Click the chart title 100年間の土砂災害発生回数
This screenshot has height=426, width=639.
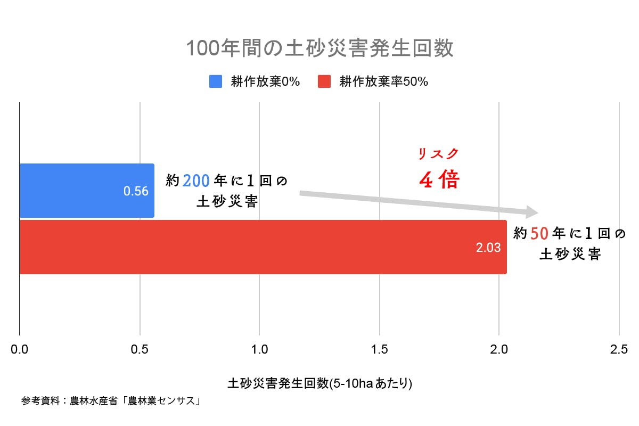[319, 48]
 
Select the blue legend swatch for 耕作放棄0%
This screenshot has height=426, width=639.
[216, 81]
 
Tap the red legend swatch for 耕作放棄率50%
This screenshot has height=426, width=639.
[324, 81]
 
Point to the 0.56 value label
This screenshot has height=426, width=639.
[136, 191]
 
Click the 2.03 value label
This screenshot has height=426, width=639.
[489, 248]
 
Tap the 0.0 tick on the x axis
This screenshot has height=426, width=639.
[20, 350]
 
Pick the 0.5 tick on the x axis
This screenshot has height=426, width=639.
[140, 350]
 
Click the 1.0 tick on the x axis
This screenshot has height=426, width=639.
[259, 350]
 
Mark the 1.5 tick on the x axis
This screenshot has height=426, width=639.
[379, 350]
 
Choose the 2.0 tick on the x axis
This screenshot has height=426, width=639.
[499, 350]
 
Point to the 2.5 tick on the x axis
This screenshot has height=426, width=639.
[618, 350]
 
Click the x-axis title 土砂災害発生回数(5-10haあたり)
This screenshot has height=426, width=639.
[319, 383]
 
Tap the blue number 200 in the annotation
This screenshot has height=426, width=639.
[196, 181]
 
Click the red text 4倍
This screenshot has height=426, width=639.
[439, 181]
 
